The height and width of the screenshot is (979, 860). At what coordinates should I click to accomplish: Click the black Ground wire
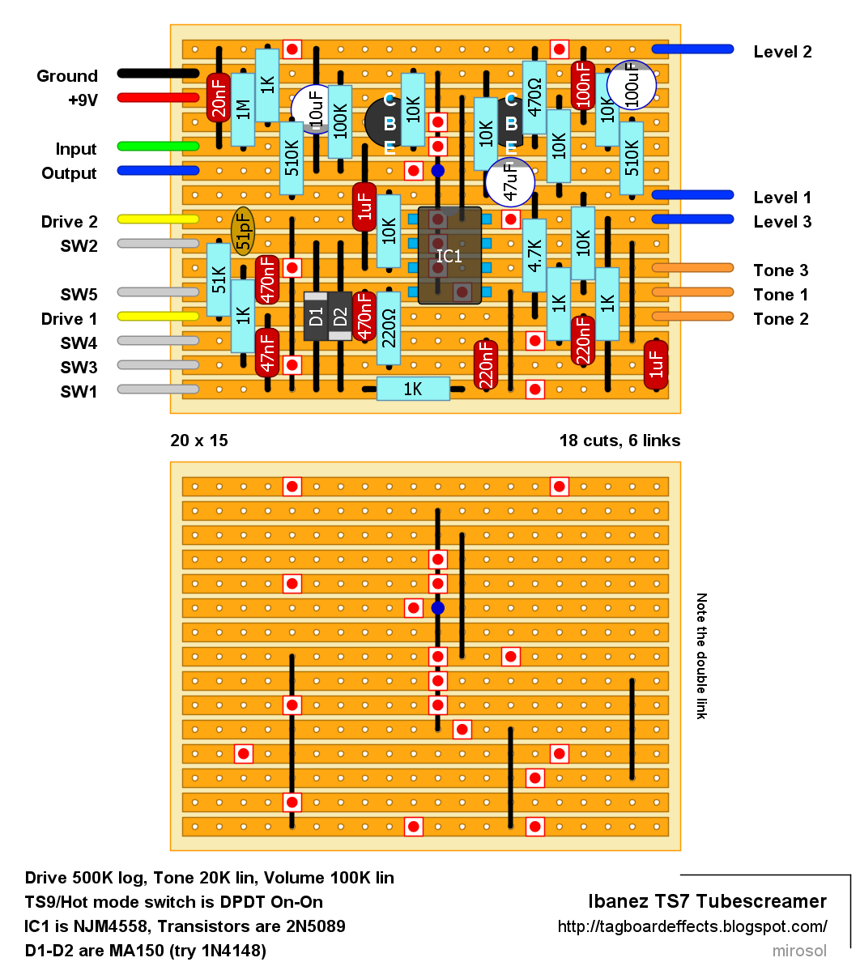(158, 74)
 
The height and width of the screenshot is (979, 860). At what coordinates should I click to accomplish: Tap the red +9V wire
(158, 98)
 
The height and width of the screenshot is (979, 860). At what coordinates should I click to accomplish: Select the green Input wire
(158, 146)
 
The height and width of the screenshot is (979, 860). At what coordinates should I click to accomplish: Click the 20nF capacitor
(219, 97)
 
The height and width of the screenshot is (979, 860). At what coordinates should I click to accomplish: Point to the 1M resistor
(243, 109)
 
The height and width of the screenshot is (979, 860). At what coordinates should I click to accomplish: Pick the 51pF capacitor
(243, 231)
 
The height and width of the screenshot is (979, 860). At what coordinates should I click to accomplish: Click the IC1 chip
(449, 256)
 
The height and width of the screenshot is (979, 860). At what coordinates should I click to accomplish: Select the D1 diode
(316, 316)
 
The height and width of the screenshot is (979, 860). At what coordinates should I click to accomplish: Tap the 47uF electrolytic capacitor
(509, 182)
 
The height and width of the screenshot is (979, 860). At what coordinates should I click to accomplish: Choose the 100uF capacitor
(631, 85)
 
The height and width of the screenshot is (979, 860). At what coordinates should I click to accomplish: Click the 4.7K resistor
(534, 255)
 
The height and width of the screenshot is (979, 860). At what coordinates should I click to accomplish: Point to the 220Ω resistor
(389, 328)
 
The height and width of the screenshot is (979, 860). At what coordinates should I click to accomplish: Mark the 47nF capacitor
(267, 352)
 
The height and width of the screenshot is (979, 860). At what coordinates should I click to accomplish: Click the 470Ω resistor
(534, 97)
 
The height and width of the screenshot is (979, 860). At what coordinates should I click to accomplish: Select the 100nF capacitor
(583, 85)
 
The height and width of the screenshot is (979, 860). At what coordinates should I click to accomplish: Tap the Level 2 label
(782, 52)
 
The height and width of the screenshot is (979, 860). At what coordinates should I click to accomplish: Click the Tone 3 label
(781, 270)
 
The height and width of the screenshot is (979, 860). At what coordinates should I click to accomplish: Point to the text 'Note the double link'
(701, 656)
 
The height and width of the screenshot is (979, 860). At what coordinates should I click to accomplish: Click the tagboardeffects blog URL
(692, 926)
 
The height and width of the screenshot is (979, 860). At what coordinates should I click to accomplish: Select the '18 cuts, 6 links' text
(619, 441)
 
